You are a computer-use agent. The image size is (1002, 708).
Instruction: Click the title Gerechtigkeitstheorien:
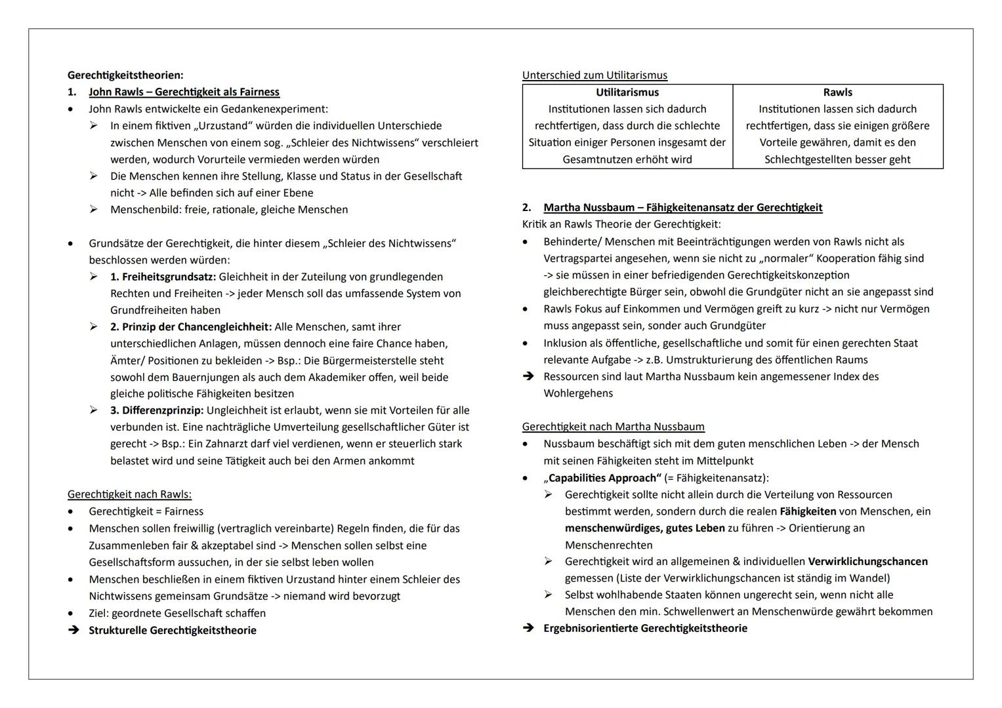[125, 75]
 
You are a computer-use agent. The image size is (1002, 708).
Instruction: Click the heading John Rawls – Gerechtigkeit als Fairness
[184, 92]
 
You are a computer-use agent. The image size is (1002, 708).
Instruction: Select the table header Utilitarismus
[627, 92]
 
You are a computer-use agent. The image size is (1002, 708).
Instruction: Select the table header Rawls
[837, 92]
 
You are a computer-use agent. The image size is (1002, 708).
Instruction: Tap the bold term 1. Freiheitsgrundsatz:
[163, 277]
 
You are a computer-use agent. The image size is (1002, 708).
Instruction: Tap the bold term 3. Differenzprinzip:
[157, 410]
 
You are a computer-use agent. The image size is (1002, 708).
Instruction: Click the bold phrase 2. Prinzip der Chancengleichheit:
[190, 327]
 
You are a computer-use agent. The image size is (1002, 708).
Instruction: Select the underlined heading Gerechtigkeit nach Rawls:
[129, 494]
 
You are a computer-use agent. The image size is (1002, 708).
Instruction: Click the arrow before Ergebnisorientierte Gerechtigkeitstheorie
[528, 628]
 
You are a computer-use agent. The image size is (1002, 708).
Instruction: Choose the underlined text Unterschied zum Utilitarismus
[595, 75]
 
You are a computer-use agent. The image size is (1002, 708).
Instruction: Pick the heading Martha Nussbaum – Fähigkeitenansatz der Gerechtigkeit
[682, 208]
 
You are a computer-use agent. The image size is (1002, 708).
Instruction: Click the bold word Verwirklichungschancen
[867, 562]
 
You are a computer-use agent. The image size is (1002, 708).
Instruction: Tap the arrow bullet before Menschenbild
[94, 210]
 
